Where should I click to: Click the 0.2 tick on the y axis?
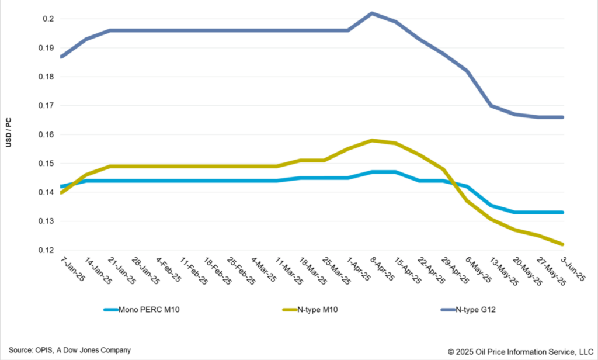[x=48, y=19]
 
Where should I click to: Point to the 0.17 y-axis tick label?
[x=46, y=106]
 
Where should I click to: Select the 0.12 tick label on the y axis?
[x=46, y=251]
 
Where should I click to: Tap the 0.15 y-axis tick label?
[x=46, y=164]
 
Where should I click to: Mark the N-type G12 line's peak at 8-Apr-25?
[x=373, y=13]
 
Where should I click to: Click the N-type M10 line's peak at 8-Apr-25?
[x=373, y=140]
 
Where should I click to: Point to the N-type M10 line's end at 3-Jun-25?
[x=563, y=244]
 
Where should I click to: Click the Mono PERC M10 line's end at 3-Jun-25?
[x=563, y=212]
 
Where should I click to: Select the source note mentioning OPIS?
[x=69, y=349]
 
